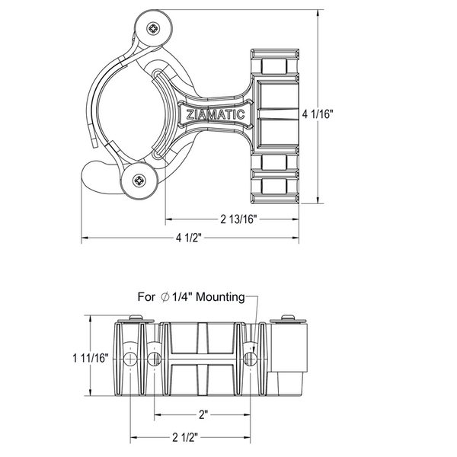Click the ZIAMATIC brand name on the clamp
click(x=216, y=115)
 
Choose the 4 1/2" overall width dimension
click(x=187, y=238)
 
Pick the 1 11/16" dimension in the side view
click(x=91, y=357)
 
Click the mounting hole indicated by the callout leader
click(x=250, y=358)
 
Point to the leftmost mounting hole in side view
click(x=130, y=358)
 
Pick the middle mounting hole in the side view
click(x=155, y=358)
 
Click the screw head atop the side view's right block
click(x=289, y=317)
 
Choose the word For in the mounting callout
click(x=146, y=297)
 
